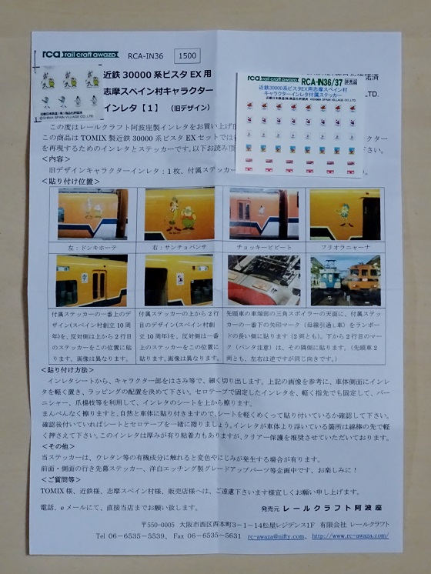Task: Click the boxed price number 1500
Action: click(x=188, y=55)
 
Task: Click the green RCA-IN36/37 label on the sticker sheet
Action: click(x=325, y=82)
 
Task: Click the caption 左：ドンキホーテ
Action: click(x=92, y=248)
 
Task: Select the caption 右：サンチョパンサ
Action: click(x=179, y=248)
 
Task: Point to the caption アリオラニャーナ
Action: click(x=345, y=248)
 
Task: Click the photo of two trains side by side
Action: click(x=345, y=281)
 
